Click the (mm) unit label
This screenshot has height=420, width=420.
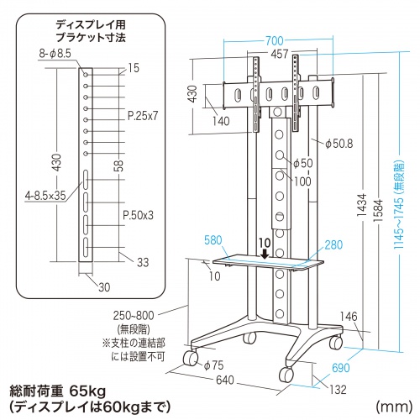tap(393, 407)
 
